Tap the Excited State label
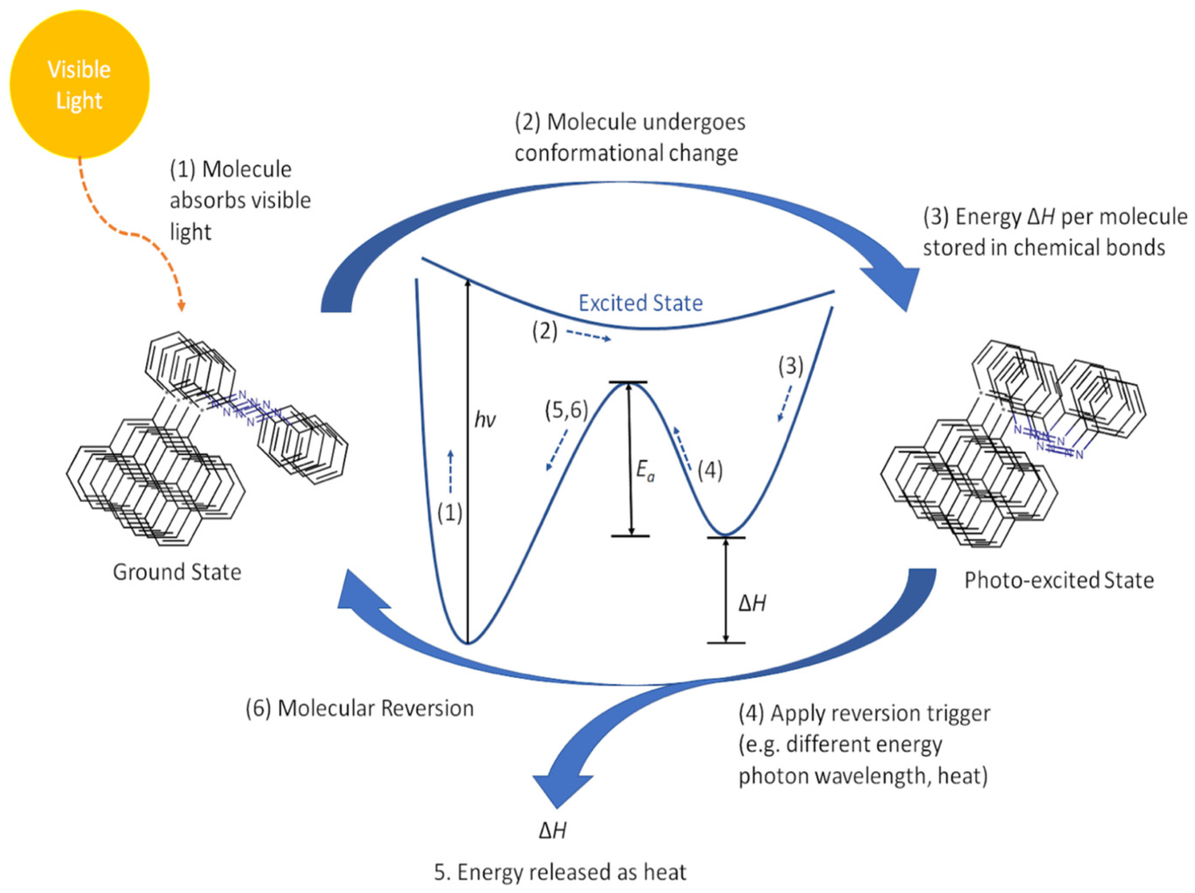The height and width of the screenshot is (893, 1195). pos(640,303)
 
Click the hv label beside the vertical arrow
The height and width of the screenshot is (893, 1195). pos(485,420)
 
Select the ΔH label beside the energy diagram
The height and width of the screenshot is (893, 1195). pos(752,603)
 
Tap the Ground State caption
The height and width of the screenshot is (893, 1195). pos(177,572)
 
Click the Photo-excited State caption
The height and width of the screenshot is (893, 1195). pos(1059,580)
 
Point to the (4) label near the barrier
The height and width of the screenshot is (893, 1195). pos(710,470)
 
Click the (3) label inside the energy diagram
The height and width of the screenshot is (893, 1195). pos(790,366)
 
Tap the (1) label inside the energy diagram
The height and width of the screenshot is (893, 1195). pos(449,513)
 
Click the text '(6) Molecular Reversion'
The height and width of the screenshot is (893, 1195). pos(359,708)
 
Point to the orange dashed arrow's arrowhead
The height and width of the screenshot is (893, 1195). pos(182,306)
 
